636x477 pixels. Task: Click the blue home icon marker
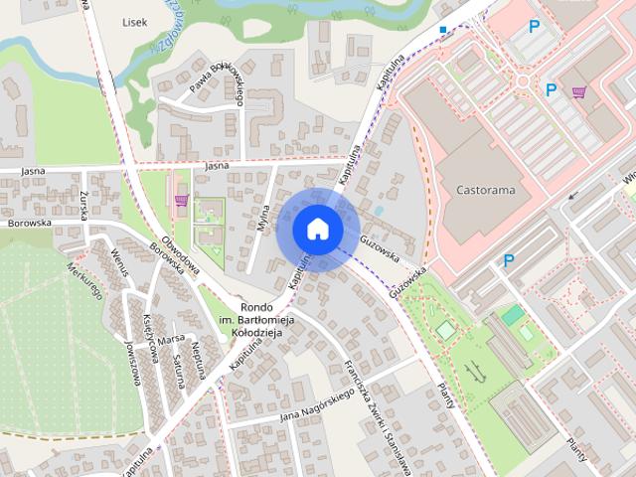click(317, 229)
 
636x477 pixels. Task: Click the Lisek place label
click(134, 21)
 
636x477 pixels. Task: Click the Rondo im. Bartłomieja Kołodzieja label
click(249, 320)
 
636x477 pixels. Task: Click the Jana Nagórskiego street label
click(317, 403)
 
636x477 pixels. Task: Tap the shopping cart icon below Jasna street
click(181, 200)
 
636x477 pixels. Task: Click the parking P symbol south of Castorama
click(509, 261)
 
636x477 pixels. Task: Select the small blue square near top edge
click(443, 30)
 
